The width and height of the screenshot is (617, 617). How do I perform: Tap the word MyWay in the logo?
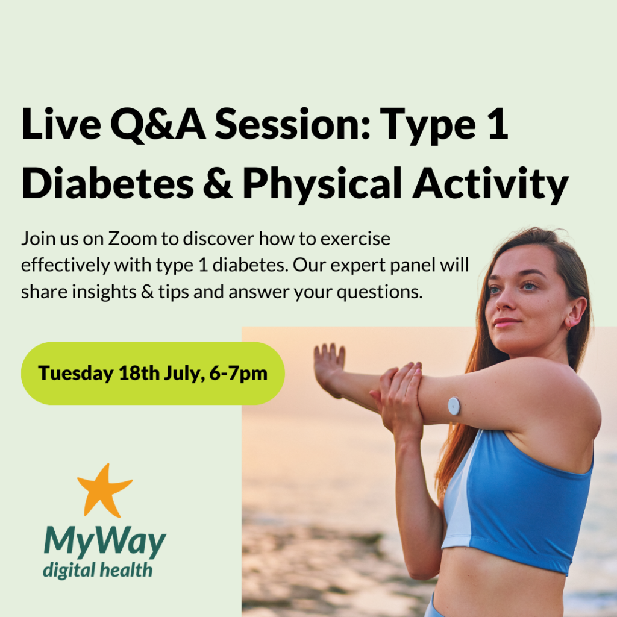pyautogui.click(x=104, y=543)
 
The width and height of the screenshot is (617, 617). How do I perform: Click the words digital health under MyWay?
pyautogui.click(x=97, y=569)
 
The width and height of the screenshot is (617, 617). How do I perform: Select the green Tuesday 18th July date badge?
pyautogui.click(x=152, y=373)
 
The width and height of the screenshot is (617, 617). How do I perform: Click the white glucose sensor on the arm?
pyautogui.click(x=453, y=405)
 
